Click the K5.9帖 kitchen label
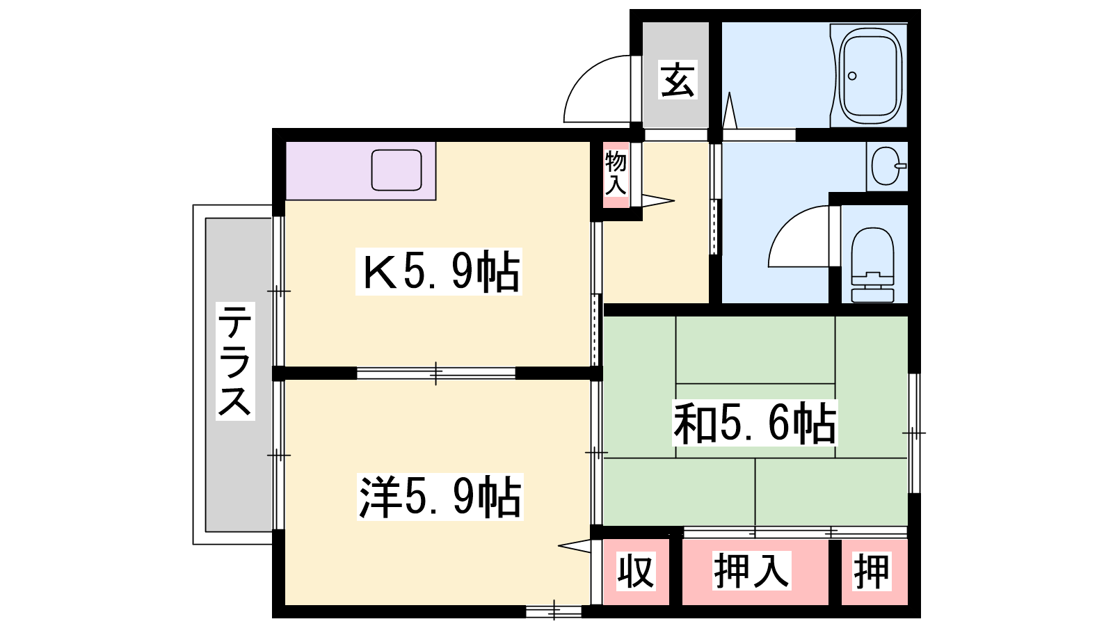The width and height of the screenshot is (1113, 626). (439, 272)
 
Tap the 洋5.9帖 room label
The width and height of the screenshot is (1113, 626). (440, 497)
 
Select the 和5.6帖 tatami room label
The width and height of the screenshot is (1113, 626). (755, 424)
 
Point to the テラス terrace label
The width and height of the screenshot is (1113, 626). (235, 361)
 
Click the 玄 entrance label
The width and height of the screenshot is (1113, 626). (678, 79)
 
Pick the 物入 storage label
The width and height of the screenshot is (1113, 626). (616, 173)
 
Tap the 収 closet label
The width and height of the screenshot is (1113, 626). (636, 571)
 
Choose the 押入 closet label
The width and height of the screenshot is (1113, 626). (751, 571)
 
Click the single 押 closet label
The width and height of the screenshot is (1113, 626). (872, 571)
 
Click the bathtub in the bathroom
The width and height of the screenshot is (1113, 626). (870, 76)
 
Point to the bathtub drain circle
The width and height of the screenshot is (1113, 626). (852, 76)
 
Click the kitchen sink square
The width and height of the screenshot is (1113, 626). (397, 170)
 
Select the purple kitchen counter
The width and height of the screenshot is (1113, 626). (361, 171)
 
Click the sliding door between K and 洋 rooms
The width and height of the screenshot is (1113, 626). (435, 373)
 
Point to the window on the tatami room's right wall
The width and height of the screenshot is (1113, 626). (914, 433)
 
